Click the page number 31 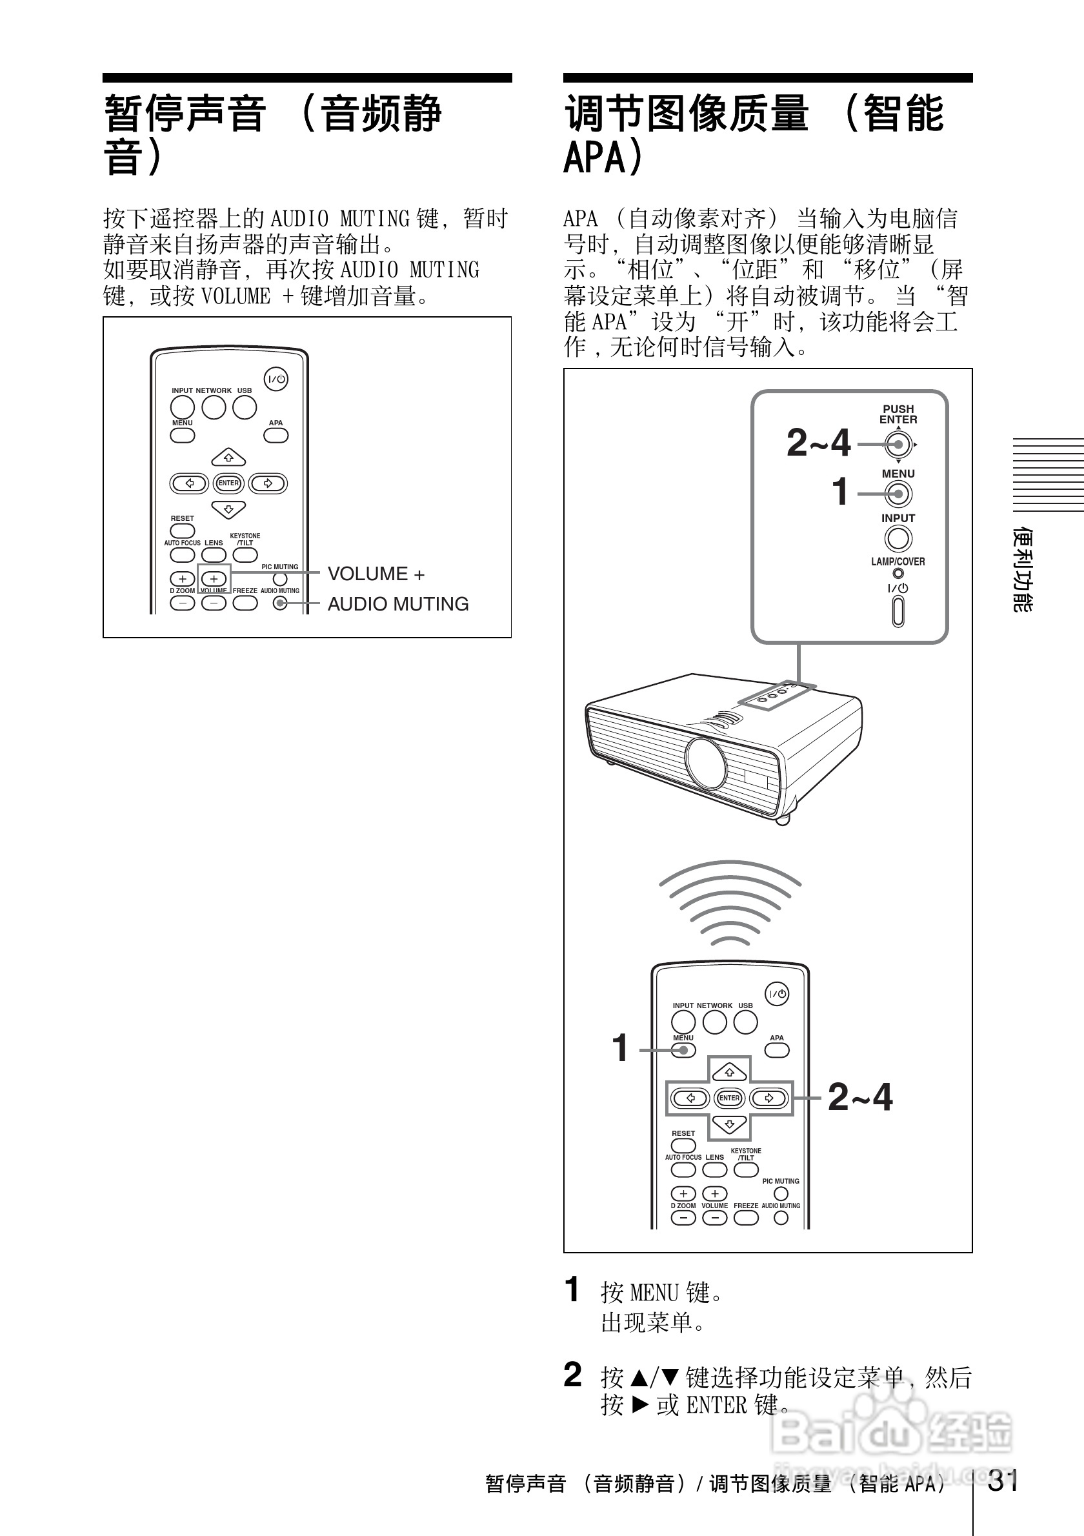[x=1003, y=1480]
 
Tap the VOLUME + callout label [x=376, y=574]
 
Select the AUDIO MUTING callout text [x=398, y=603]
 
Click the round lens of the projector [x=705, y=763]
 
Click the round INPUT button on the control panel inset [x=898, y=538]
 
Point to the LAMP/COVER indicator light [x=898, y=573]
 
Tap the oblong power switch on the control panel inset [x=898, y=611]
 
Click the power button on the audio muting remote [x=276, y=379]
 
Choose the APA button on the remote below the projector [x=776, y=1049]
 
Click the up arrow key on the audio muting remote [x=228, y=458]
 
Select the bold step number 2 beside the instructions [x=572, y=1375]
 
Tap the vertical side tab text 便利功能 [x=1023, y=569]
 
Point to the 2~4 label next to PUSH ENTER [x=818, y=443]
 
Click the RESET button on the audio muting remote [x=183, y=531]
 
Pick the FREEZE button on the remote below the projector [x=746, y=1218]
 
